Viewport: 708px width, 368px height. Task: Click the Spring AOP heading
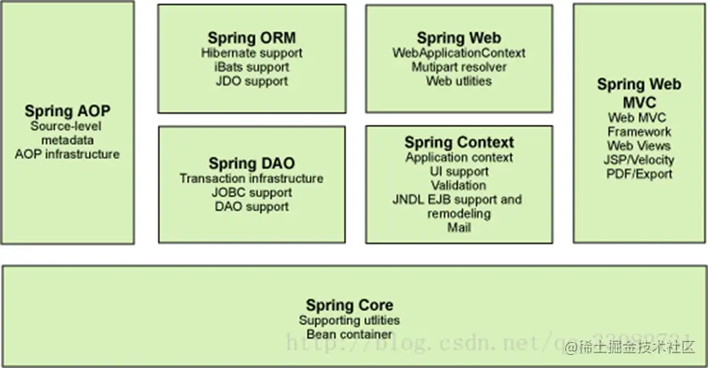click(67, 111)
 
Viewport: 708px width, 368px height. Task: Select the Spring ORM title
click(252, 38)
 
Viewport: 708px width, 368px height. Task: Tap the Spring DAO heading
click(252, 164)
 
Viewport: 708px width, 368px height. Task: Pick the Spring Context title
click(459, 143)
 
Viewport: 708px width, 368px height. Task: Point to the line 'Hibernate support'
click(252, 53)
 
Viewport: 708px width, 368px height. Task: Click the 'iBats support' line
click(252, 67)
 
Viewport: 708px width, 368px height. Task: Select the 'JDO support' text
click(252, 81)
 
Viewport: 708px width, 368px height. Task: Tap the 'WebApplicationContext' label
click(459, 53)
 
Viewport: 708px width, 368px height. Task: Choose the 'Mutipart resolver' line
click(459, 67)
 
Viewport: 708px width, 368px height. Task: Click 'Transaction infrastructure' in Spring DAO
click(252, 178)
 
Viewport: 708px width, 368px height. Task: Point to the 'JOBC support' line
click(252, 193)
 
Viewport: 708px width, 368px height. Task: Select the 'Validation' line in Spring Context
click(459, 186)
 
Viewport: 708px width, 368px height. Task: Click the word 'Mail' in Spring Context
click(459, 227)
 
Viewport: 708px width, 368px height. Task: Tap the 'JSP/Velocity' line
click(639, 159)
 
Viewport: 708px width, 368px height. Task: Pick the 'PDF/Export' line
click(639, 173)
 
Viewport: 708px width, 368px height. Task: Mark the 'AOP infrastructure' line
click(67, 154)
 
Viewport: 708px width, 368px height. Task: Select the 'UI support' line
click(459, 172)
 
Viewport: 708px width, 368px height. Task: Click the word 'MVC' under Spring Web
click(639, 101)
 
